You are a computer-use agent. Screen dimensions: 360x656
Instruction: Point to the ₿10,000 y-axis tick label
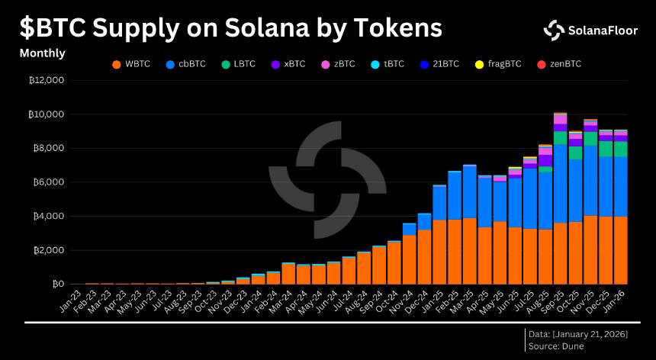[45, 114]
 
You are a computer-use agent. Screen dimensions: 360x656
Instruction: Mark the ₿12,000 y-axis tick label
[45, 80]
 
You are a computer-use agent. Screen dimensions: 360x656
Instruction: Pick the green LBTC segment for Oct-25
[575, 153]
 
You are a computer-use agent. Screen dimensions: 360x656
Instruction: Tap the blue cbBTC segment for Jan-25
[439, 203]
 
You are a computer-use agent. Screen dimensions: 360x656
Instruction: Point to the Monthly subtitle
[42, 53]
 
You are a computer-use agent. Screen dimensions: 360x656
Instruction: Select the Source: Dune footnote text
[557, 347]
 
